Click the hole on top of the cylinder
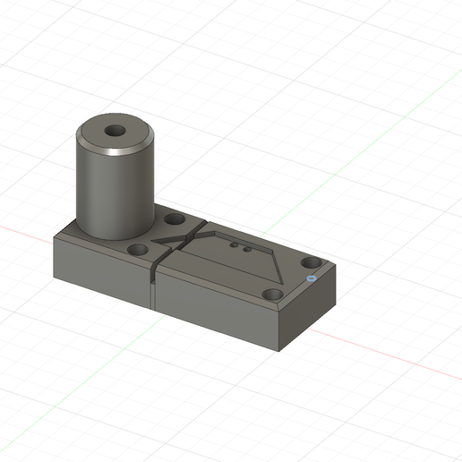(x=115, y=131)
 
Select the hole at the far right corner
(x=311, y=262)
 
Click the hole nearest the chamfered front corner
(x=272, y=294)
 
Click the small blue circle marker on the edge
(x=310, y=278)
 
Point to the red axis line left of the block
(x=27, y=232)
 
